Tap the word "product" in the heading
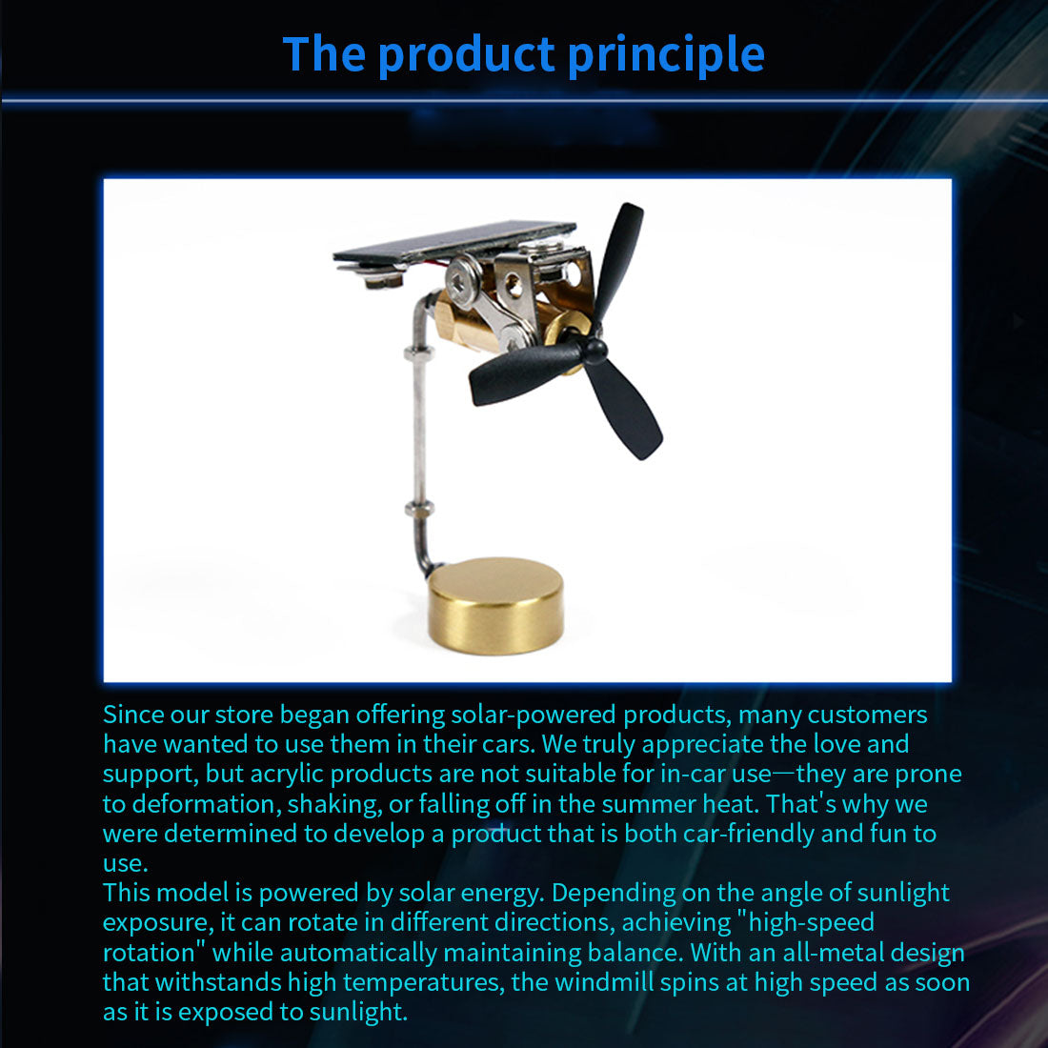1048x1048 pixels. [x=467, y=56]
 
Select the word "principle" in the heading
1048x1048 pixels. [x=666, y=56]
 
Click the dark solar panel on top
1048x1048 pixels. [x=454, y=241]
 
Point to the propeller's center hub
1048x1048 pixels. [x=594, y=351]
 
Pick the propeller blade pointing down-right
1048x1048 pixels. [x=625, y=409]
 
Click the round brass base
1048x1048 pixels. [x=495, y=606]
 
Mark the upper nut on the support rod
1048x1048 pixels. [x=419, y=353]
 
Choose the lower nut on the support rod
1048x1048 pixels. [x=419, y=510]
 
